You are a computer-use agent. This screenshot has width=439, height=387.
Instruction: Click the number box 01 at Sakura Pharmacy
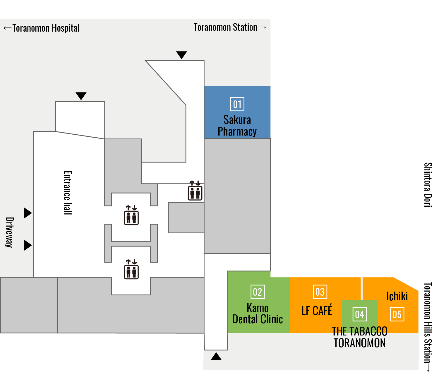(x=237, y=104)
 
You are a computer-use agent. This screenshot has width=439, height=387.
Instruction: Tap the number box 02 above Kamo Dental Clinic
(x=258, y=292)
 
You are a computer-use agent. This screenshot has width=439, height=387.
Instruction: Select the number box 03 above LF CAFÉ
(x=320, y=292)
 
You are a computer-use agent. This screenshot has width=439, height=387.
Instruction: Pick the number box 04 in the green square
(x=360, y=314)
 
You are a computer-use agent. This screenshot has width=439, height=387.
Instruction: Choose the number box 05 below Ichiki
(x=397, y=314)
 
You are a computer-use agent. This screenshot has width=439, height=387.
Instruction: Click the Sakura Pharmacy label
(x=237, y=126)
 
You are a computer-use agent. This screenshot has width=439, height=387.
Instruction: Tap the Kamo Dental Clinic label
(x=258, y=314)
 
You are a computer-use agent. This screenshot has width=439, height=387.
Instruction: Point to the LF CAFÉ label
(x=317, y=310)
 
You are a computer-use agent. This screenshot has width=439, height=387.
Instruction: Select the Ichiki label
(x=397, y=296)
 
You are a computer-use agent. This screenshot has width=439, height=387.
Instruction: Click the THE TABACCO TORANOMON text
(x=360, y=337)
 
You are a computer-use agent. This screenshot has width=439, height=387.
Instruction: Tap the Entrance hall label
(x=68, y=193)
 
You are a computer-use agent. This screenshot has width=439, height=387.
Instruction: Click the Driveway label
(x=10, y=232)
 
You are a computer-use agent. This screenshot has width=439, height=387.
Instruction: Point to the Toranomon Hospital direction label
(x=42, y=28)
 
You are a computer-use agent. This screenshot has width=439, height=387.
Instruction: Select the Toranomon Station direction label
(x=230, y=27)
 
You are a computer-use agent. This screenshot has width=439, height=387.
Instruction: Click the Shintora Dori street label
(x=428, y=185)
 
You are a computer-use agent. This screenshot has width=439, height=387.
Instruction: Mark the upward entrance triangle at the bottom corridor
(x=216, y=357)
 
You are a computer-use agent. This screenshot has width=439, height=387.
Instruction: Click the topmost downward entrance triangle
(x=181, y=55)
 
